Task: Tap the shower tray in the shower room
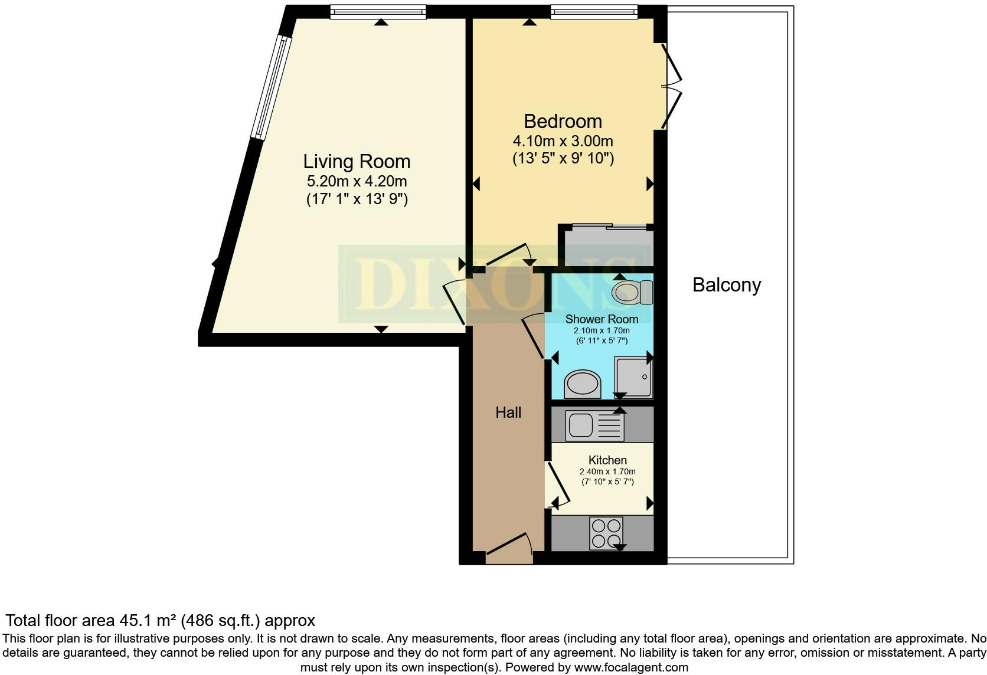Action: click(633, 376)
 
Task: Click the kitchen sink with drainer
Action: click(594, 426)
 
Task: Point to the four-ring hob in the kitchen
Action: click(606, 533)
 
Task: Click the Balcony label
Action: click(726, 285)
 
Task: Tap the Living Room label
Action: click(357, 161)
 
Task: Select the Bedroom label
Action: click(563, 121)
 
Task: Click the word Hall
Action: click(508, 412)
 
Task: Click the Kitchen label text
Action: click(607, 460)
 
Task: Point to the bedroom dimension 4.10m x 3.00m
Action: click(563, 142)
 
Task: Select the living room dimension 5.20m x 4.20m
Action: click(357, 181)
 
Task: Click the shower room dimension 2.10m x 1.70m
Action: click(602, 331)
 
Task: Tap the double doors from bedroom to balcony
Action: click(670, 86)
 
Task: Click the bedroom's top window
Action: click(594, 12)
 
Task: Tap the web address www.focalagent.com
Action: click(631, 668)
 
